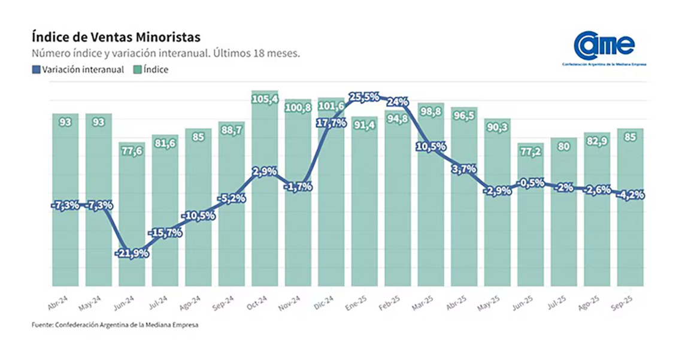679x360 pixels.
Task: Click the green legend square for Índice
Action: point(137,69)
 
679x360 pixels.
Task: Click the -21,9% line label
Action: point(131,253)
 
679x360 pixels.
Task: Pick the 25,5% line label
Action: point(364,97)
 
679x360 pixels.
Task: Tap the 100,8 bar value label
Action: point(298,108)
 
